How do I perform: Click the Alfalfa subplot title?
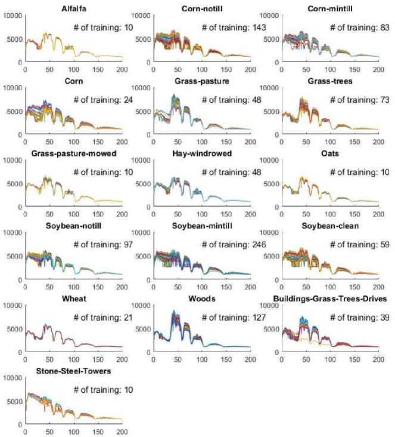pos(72,8)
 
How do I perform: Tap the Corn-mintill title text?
pos(331,8)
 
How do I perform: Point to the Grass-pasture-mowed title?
pos(72,153)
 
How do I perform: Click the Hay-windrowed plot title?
pos(201,153)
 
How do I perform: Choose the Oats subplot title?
pos(331,153)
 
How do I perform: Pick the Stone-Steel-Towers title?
pos(72,371)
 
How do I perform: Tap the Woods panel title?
pos(201,298)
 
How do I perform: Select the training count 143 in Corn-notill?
pos(258,27)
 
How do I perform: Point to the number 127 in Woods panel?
pos(258,318)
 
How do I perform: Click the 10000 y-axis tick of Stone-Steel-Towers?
pos(12,378)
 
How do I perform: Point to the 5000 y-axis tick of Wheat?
pos(14,329)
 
